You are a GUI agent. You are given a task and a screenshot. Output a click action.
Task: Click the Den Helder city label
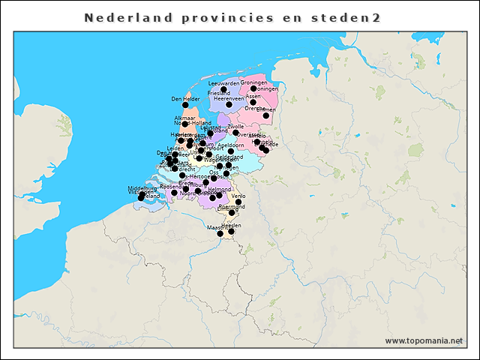pyautogui.click(x=185, y=98)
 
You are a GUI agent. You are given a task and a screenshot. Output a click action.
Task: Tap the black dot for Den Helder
pyautogui.click(x=185, y=105)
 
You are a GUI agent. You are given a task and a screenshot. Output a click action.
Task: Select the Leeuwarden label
pyautogui.click(x=223, y=82)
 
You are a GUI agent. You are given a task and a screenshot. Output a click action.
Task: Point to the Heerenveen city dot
pyautogui.click(x=229, y=104)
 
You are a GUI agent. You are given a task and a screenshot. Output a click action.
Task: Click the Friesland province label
pyautogui.click(x=219, y=93)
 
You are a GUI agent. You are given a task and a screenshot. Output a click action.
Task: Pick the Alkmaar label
pyautogui.click(x=184, y=118)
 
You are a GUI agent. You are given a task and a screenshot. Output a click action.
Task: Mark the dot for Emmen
pyautogui.click(x=265, y=115)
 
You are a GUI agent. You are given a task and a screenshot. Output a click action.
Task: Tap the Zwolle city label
pyautogui.click(x=235, y=126)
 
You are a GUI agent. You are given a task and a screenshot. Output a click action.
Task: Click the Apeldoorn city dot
pyautogui.click(x=231, y=151)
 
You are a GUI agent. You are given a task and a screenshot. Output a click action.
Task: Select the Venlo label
pyautogui.click(x=238, y=196)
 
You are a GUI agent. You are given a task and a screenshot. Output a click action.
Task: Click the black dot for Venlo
pyautogui.click(x=238, y=202)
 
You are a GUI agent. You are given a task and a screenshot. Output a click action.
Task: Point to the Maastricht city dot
pyautogui.click(x=220, y=233)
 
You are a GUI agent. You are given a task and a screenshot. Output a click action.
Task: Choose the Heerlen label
pyautogui.click(x=231, y=225)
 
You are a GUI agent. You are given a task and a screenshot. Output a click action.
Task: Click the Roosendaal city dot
pyautogui.click(x=174, y=193)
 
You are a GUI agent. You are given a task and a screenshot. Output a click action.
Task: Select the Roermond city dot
pyautogui.click(x=232, y=213)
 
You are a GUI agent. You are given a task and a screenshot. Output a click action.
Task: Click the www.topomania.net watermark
pyautogui.click(x=424, y=340)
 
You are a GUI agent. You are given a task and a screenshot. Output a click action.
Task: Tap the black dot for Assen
pyautogui.click(x=253, y=102)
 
